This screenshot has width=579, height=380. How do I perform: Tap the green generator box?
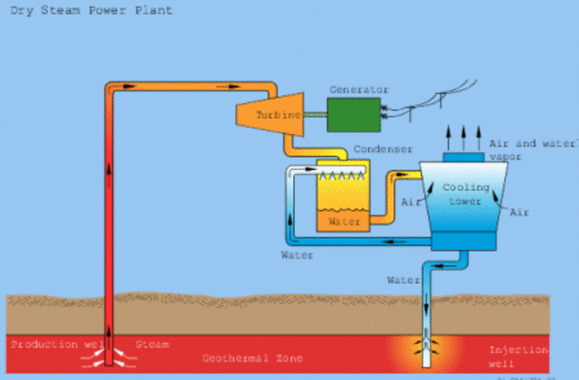pyautogui.click(x=354, y=114)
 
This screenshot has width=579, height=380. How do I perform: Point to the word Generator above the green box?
pyautogui.click(x=360, y=90)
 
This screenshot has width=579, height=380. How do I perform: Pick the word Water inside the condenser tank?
pyautogui.click(x=344, y=220)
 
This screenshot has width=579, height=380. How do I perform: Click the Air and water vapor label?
pyautogui.click(x=530, y=149)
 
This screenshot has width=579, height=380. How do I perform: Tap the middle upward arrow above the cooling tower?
pyautogui.click(x=464, y=136)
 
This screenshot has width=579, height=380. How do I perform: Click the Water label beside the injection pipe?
pyautogui.click(x=403, y=280)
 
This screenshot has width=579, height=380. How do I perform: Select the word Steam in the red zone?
pyautogui.click(x=152, y=345)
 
